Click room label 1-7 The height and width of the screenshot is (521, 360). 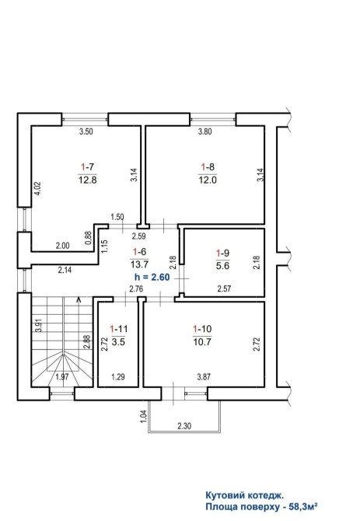click(88, 166)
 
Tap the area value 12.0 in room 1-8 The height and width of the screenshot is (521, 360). click(208, 180)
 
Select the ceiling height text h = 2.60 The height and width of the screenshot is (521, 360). click(152, 277)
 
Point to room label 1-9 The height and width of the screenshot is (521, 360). click(223, 254)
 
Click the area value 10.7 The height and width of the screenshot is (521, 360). click(202, 341)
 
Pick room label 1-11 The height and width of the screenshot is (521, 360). click(119, 329)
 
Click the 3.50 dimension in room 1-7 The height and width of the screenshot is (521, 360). click(86, 131)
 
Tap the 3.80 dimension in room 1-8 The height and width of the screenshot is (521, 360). click(205, 131)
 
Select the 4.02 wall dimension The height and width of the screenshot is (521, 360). click(38, 188)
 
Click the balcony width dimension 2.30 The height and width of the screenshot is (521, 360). click(184, 425)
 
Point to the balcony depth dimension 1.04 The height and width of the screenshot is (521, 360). click(144, 416)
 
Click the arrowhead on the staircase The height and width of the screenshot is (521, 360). click(79, 300)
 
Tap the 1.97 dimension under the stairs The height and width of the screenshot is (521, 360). click(62, 377)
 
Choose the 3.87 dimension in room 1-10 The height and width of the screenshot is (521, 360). click(204, 377)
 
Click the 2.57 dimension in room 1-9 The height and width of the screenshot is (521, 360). click(224, 288)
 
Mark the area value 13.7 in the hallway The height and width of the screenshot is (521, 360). click(139, 264)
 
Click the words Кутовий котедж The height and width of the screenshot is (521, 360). click(245, 496)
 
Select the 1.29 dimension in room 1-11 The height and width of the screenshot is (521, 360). click(118, 377)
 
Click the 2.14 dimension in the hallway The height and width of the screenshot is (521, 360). click(65, 270)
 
